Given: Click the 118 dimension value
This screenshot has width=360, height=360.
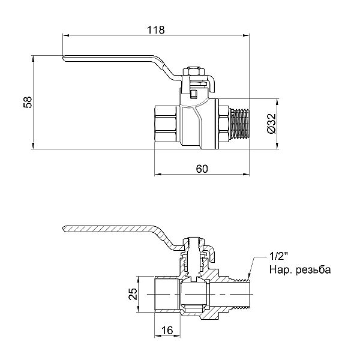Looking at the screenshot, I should [154, 29].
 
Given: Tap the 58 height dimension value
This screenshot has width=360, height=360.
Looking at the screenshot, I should [27, 103].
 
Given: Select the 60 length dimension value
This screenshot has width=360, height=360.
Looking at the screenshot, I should [202, 169].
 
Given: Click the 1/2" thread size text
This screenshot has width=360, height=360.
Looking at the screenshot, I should [280, 257].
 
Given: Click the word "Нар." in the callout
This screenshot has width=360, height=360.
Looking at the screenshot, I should [280, 270].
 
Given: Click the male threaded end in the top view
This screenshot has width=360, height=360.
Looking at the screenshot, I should [239, 124].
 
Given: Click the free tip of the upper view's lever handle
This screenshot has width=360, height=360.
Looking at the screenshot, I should [66, 58].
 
